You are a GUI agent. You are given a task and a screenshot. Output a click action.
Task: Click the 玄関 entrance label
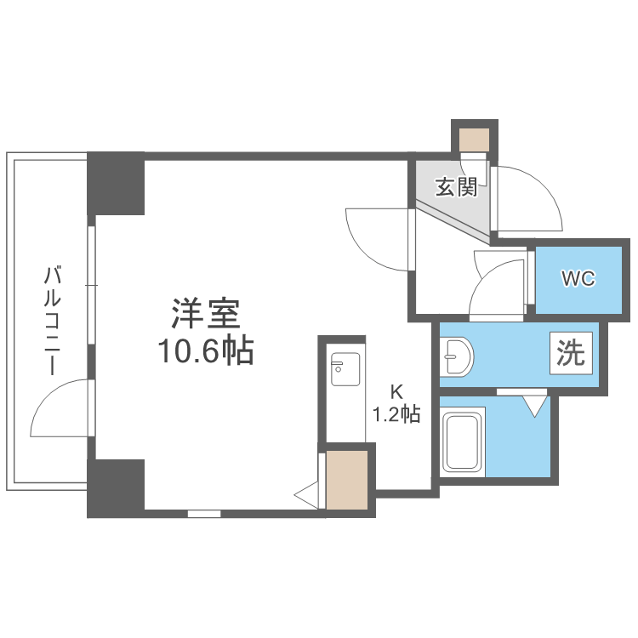[456, 187]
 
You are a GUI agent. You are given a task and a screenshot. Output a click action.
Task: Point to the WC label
[577, 278]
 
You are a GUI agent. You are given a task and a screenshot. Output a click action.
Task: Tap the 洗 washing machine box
[571, 353]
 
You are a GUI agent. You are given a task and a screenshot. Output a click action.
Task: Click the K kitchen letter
[396, 392]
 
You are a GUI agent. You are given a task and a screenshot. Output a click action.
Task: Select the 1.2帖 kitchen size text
[396, 414]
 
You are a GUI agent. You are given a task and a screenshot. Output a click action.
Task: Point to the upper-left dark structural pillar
[117, 183]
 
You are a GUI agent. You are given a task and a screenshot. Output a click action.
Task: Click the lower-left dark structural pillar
[117, 487]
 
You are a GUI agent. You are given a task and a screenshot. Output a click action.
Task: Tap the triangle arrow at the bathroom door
[535, 405]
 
